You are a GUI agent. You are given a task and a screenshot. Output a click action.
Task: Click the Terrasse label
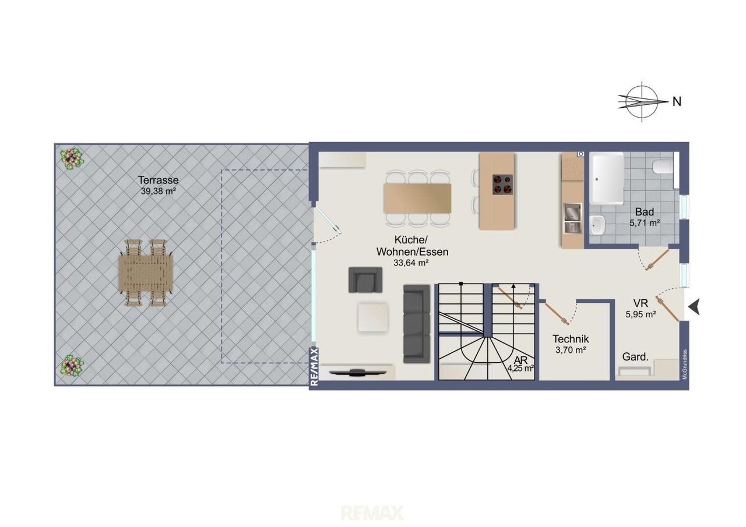click(158, 180)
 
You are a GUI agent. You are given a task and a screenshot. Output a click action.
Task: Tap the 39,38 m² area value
click(158, 191)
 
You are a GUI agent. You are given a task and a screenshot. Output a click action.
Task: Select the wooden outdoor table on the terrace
click(146, 272)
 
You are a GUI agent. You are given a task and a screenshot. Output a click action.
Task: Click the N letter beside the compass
click(677, 101)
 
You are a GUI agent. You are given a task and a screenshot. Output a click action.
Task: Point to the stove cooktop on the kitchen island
click(502, 185)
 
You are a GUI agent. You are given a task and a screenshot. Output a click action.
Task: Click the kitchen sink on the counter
click(572, 218)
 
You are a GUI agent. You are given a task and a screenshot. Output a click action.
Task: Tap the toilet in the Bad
click(663, 167)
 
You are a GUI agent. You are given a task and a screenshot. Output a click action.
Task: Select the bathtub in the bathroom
click(607, 179)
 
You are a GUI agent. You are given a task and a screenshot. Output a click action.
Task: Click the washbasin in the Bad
click(598, 225)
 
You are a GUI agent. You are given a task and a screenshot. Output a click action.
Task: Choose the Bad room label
click(645, 211)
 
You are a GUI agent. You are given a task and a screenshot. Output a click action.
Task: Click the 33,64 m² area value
click(411, 263)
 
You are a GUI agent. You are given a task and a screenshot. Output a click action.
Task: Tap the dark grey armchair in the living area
click(365, 280)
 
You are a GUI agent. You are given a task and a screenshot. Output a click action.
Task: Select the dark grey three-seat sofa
click(417, 323)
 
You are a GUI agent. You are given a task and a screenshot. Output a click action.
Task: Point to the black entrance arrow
click(694, 307)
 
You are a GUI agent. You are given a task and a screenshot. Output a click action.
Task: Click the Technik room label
click(571, 339)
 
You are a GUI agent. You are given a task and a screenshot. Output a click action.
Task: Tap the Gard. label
click(635, 357)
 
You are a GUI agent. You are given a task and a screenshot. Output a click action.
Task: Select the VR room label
click(641, 303)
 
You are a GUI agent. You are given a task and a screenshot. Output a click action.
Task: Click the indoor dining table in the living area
click(417, 199)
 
